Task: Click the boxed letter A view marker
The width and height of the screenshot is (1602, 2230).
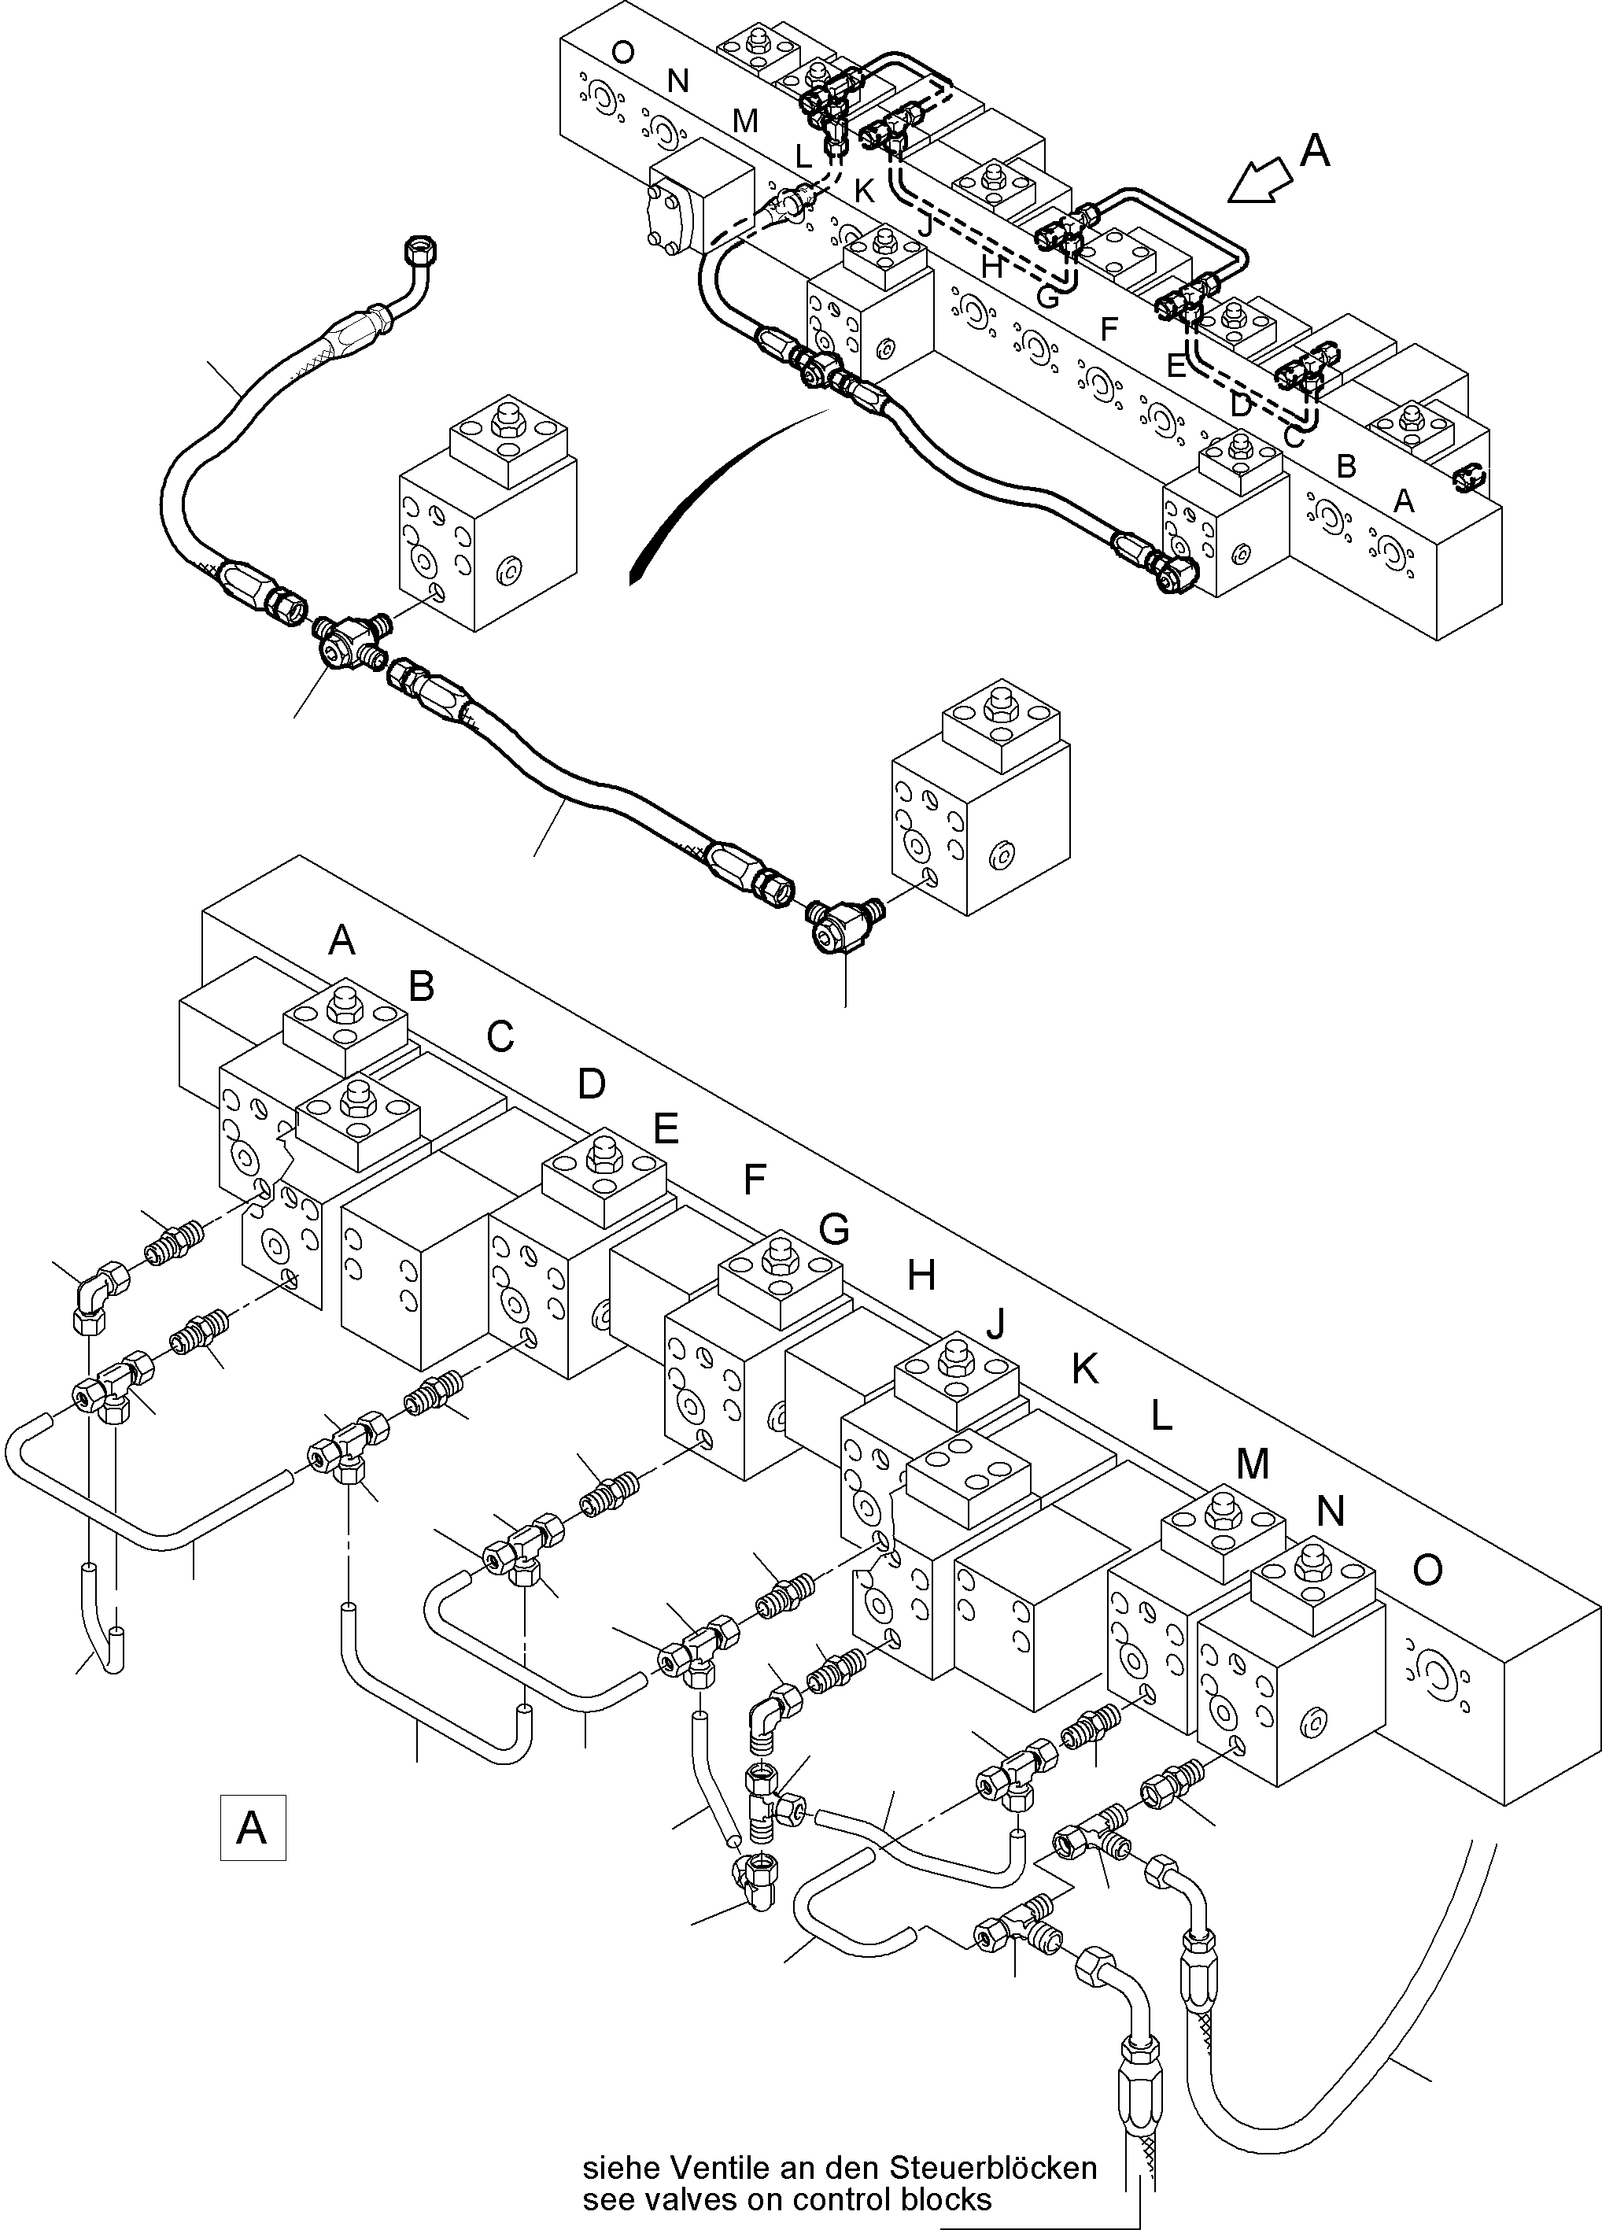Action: pos(252,1828)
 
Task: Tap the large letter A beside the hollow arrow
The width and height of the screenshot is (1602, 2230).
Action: pos(1315,150)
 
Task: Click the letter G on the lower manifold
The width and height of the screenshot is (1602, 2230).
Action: pos(833,1228)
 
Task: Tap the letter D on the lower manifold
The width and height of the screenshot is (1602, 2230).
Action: pos(591,1084)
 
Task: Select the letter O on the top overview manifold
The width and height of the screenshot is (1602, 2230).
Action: pos(622,51)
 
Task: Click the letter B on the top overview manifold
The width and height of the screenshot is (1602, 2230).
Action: pos(1346,466)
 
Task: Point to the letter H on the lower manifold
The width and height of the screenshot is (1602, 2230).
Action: pos(921,1276)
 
